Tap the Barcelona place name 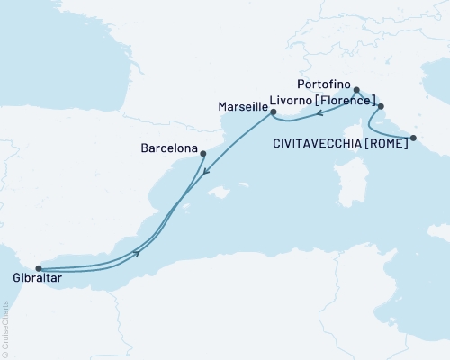click(169, 140)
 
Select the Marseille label click(242, 105)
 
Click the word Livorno click(288, 105)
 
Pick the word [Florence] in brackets click(346, 105)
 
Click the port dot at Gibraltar click(38, 267)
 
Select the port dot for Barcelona click(203, 152)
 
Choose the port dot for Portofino click(357, 90)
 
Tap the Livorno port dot click(381, 107)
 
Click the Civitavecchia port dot click(412, 138)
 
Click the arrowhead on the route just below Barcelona click(207, 172)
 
